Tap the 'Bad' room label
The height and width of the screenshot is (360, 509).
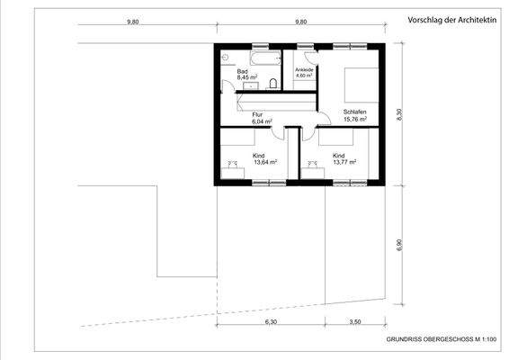[x=242, y=70]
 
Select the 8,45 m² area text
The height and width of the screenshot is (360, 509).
[x=247, y=78]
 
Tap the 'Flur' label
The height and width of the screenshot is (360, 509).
[x=257, y=114]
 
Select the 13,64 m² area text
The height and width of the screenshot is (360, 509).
[x=265, y=163]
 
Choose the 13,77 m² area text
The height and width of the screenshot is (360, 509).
[x=344, y=163]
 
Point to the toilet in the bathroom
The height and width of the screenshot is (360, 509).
[x=273, y=83]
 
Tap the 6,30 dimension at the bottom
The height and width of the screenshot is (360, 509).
[x=271, y=320]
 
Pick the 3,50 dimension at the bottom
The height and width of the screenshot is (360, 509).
[x=354, y=320]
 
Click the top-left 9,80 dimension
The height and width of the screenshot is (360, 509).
[x=133, y=21]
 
